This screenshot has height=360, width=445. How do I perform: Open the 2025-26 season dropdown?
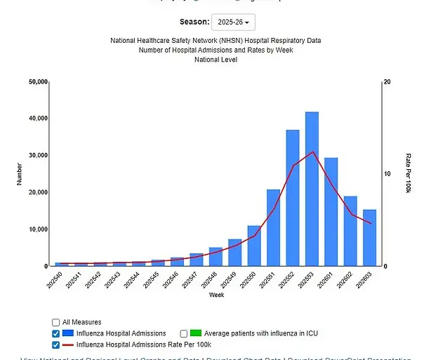234,22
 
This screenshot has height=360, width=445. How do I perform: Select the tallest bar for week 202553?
312,189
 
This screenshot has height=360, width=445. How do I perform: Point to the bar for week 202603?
369,238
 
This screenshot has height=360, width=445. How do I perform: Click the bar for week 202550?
254,246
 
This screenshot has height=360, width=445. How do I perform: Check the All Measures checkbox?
56,322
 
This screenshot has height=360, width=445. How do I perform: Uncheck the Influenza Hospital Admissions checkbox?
56,333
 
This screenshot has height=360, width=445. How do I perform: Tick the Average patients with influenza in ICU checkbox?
184,333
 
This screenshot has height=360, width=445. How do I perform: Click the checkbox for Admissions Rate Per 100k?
56,345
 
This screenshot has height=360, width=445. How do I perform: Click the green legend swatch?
197,333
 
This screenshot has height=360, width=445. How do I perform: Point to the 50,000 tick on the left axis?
38,82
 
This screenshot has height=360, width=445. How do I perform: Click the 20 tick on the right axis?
387,82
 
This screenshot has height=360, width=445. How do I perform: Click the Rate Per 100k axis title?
408,173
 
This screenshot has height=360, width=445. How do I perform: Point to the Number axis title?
20,173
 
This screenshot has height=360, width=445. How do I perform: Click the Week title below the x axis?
216,295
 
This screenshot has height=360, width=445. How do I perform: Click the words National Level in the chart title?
215,60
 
